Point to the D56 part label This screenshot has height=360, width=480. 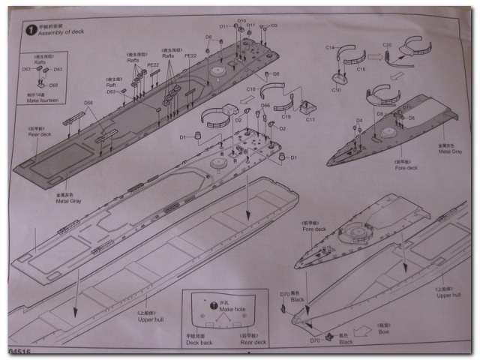pos(88,102)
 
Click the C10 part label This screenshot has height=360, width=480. pos(337,89)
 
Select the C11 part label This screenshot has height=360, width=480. pos(310,118)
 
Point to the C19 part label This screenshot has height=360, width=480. pos(286,116)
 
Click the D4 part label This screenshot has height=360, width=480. pos(359,119)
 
